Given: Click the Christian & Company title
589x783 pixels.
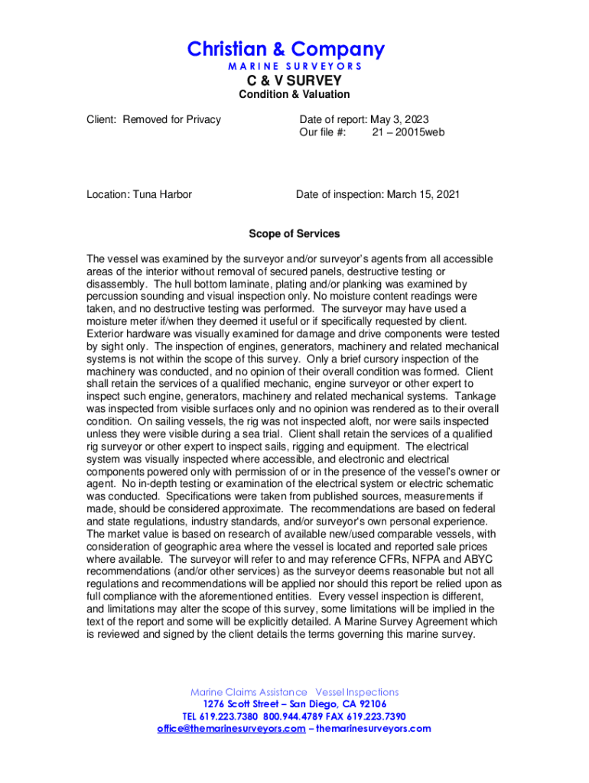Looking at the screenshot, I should pos(286,50).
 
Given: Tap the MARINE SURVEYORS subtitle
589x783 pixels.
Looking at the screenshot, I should pos(294,67).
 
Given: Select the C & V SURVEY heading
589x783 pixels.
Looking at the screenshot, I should pos(294,80).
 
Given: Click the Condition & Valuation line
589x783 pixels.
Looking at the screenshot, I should pos(294,95).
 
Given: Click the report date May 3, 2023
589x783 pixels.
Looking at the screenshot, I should pos(399,119).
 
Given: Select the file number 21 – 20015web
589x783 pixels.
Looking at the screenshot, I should pos(408,132).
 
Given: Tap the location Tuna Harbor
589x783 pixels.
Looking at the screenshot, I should pos(162,194).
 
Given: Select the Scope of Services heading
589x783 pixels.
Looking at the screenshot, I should pos(294,234).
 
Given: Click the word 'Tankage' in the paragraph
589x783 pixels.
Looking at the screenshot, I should pos(474,396).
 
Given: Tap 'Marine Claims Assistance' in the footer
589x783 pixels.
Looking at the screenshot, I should pos(249,692).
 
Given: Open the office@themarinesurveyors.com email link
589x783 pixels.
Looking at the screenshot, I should pos(230,729).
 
